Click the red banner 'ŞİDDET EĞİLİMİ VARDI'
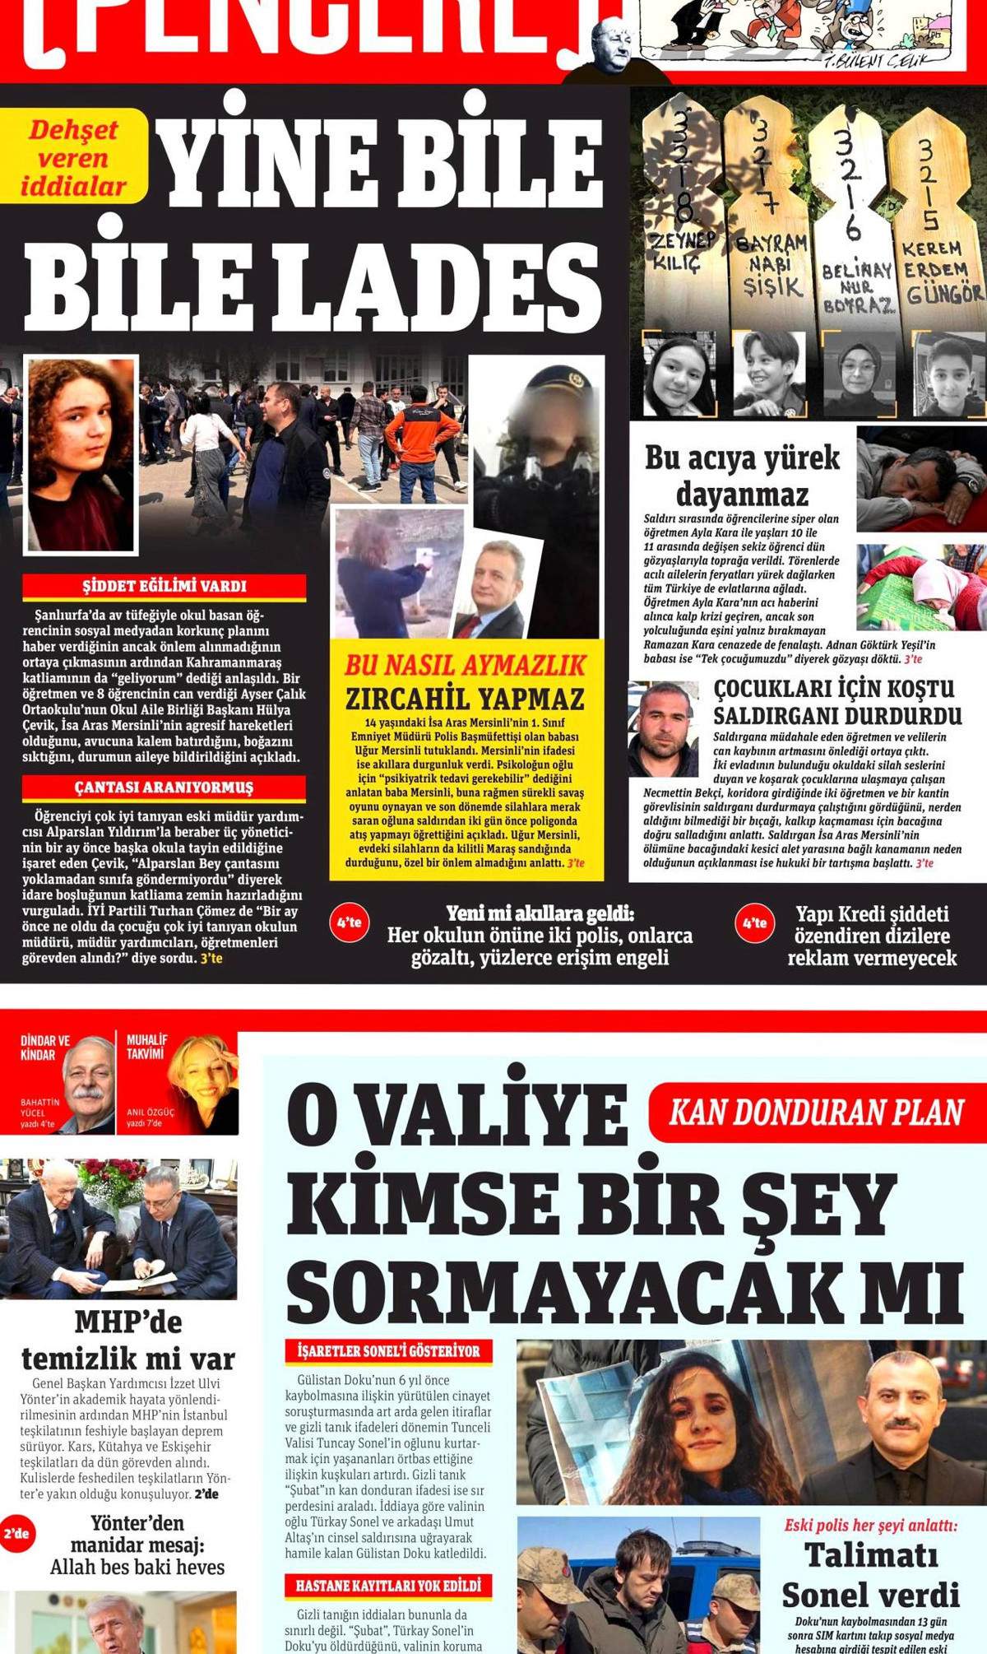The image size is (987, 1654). [x=164, y=587]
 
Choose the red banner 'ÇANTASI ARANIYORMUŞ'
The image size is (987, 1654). [x=164, y=788]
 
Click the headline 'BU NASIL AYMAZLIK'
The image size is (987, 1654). [x=466, y=665]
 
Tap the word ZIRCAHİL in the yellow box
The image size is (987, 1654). [x=407, y=699]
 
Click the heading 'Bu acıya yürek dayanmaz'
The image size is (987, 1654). [x=742, y=476]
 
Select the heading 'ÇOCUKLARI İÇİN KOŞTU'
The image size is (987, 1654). [x=834, y=689]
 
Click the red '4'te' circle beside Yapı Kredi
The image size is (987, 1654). [x=755, y=922]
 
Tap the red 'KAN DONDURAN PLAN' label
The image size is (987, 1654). [x=816, y=1113]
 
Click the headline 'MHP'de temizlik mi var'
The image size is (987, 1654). [x=127, y=1340]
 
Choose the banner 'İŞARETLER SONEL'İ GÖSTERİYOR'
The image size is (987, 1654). [x=388, y=1350]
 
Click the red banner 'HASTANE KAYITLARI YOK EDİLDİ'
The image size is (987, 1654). [x=388, y=1585]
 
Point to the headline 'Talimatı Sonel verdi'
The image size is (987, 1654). [x=870, y=1574]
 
